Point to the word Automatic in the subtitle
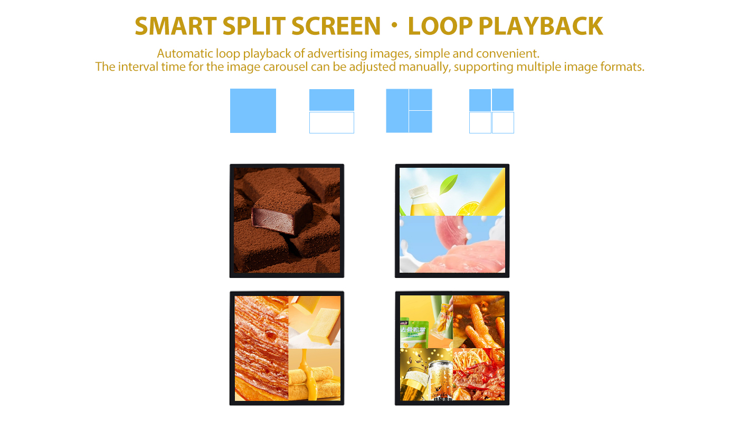185,54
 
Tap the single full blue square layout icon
253,111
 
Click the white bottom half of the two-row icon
331,122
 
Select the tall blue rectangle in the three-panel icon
397,111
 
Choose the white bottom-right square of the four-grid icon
503,122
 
